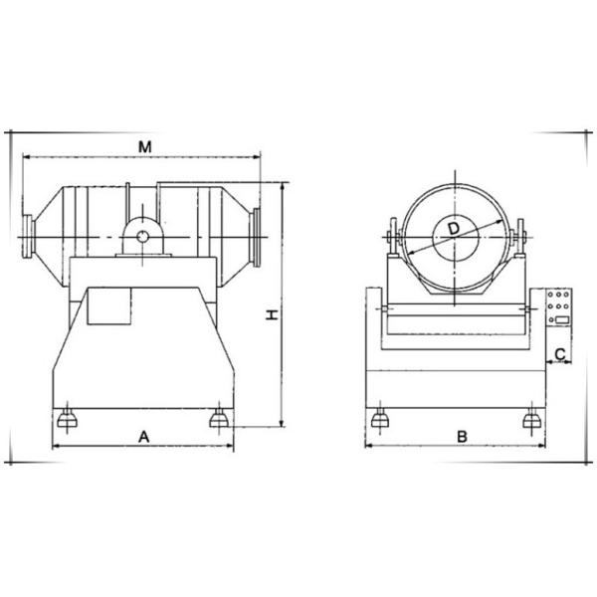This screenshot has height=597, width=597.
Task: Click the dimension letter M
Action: [x=144, y=146]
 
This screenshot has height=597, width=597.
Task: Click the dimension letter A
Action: [x=143, y=437]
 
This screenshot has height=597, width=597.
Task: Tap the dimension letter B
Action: [x=462, y=437]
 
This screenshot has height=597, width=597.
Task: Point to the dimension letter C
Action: [x=560, y=354]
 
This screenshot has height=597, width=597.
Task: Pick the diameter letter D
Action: [x=454, y=229]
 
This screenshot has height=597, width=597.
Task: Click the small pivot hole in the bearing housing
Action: [x=142, y=237]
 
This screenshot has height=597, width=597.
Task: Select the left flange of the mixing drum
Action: [x=29, y=237]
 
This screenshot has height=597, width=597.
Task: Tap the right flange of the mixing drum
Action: [x=255, y=237]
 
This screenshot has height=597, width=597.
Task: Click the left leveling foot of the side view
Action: [x=67, y=419]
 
